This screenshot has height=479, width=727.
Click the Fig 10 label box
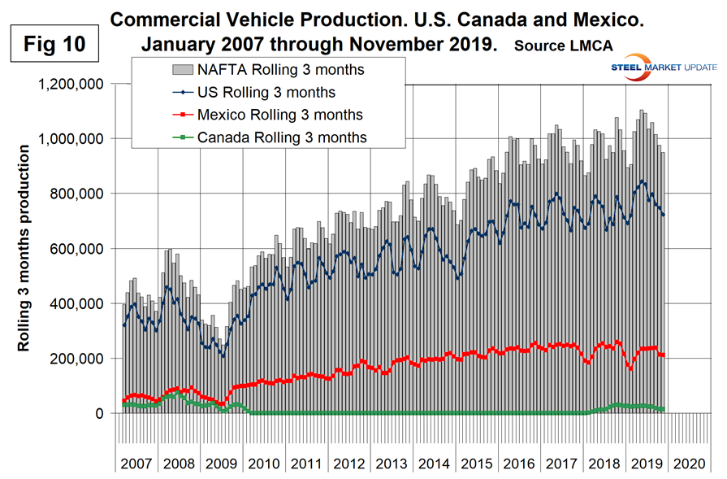pyautogui.click(x=54, y=41)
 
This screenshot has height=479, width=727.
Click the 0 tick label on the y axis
pyautogui.click(x=100, y=414)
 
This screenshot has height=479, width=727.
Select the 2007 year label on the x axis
pyautogui.click(x=136, y=464)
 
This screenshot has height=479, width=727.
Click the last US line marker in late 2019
pyautogui.click(x=663, y=215)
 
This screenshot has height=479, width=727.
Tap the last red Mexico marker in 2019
pyautogui.click(x=663, y=355)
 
